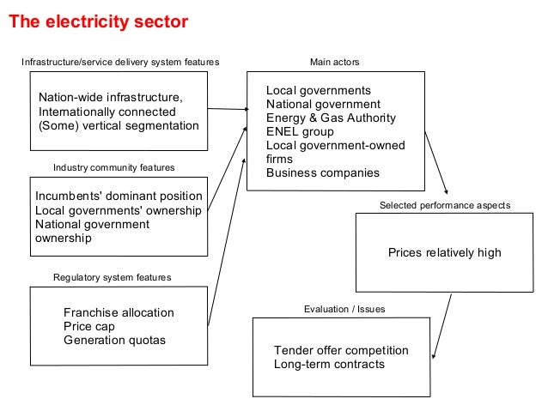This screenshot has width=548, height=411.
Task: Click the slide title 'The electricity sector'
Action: coord(98,22)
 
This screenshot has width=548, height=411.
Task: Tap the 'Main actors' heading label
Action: coord(334,63)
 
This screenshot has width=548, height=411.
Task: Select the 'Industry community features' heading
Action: coord(114,166)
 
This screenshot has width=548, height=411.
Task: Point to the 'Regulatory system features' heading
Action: coord(113,277)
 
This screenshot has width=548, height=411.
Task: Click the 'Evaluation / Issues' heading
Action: coord(344,308)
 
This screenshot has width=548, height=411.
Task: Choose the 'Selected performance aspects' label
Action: coord(445,206)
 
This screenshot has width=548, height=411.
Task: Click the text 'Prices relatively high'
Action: coord(444,253)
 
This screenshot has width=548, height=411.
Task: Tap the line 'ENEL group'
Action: coord(300,132)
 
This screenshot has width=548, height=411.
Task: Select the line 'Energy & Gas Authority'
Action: coord(332,118)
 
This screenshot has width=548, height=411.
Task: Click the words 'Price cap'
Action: coord(88,327)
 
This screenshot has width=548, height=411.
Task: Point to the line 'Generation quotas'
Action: coord(114,341)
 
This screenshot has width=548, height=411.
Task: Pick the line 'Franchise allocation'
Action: coord(119,313)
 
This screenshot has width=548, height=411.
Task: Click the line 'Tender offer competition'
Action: coord(341,351)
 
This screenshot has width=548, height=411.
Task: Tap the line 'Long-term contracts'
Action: coord(329,365)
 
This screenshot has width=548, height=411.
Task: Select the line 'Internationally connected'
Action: coord(107,112)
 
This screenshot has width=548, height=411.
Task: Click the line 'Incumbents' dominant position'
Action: coord(119,196)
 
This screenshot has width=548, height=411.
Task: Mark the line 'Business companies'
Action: coord(322,172)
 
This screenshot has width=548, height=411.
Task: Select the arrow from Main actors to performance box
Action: coord(435,162)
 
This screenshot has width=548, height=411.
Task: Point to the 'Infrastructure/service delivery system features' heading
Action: coord(120,63)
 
